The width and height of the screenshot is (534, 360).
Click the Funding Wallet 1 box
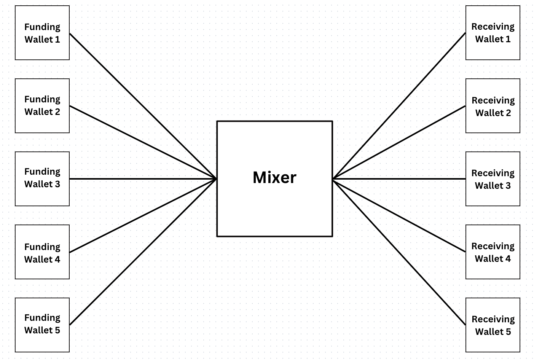point(42,33)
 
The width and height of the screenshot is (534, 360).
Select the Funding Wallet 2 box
point(42,106)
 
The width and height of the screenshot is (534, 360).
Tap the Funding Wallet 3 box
point(42,179)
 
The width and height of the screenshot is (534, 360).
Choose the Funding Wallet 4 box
point(42,252)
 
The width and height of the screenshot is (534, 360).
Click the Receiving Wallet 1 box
point(493,33)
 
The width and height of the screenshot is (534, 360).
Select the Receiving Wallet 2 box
point(493,106)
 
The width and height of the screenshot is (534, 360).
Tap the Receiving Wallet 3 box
point(493,179)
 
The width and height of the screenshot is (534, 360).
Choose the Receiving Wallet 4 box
point(493,252)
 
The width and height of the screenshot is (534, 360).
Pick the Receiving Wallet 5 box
point(493,325)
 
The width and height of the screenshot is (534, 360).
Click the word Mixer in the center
point(274,178)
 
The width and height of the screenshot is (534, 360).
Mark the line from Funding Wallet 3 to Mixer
point(143,179)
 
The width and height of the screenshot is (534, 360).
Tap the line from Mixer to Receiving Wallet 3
point(399,179)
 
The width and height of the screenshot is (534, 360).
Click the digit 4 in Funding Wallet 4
point(57,260)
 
